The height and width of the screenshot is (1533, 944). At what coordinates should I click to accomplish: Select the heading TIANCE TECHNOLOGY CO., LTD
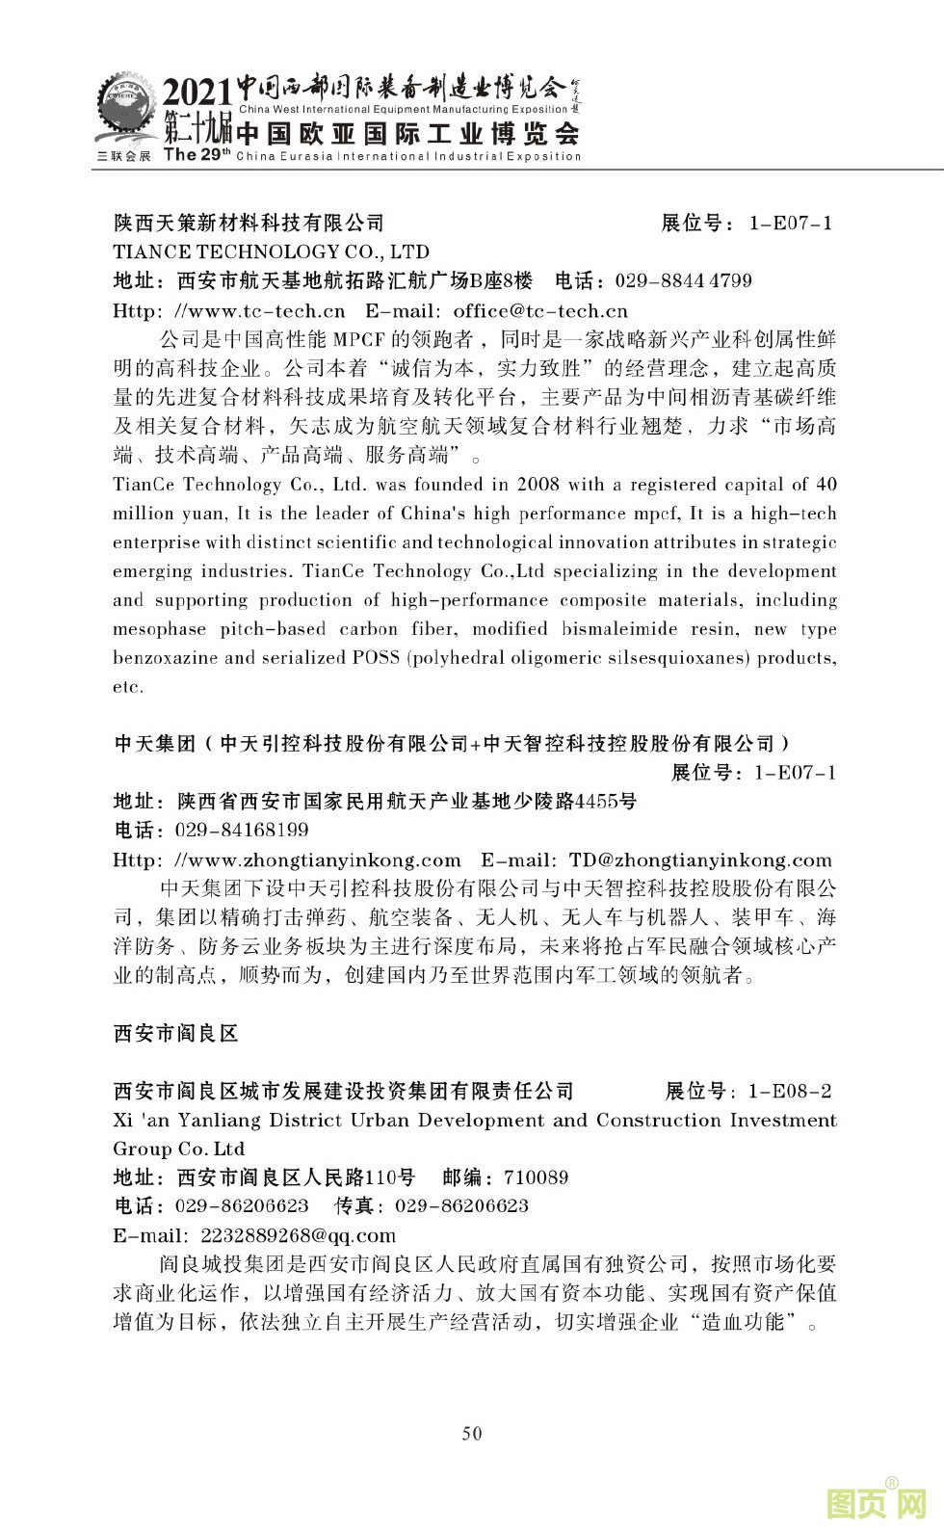[x=271, y=252]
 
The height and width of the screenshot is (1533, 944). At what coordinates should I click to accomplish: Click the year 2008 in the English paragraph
[x=538, y=484]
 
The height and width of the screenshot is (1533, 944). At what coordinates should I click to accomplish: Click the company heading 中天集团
[x=154, y=744]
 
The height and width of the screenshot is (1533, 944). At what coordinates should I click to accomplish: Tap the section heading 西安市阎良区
[x=175, y=1034]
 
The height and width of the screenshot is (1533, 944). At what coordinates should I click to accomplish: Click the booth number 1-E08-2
[x=789, y=1092]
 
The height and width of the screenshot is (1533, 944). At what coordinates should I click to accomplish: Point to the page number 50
[x=472, y=1433]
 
